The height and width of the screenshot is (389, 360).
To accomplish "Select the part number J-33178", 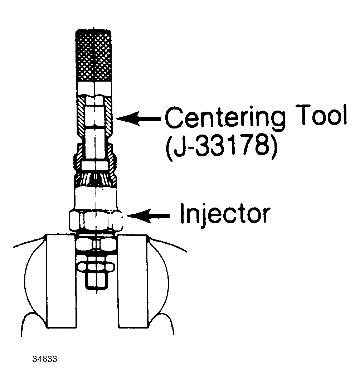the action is click(x=221, y=148).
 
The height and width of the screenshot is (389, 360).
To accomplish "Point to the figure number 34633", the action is click(x=45, y=359).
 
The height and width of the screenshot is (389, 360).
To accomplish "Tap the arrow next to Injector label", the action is click(x=149, y=216).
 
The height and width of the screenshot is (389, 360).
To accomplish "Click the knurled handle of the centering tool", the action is click(x=94, y=56).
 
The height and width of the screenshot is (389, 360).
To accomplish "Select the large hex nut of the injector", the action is click(x=96, y=220).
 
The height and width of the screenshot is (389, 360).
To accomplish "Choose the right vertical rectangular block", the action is click(x=133, y=281).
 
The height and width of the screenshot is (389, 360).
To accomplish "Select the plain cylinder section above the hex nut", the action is click(x=95, y=199).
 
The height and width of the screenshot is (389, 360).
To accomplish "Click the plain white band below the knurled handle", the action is click(x=94, y=88).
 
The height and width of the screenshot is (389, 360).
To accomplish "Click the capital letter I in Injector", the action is click(x=183, y=213).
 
